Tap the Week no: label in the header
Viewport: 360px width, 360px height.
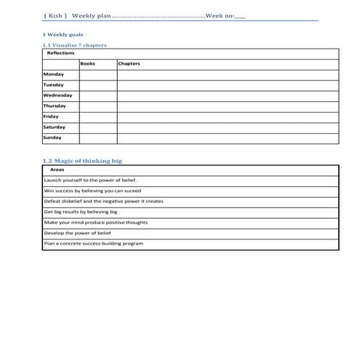(220, 14)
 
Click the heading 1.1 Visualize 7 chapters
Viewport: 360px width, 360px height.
(75, 45)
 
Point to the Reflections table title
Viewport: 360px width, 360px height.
(60, 53)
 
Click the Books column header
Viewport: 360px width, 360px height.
(88, 64)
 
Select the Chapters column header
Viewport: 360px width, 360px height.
(129, 64)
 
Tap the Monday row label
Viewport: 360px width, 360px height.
(54, 74)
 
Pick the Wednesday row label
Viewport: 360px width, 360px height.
(57, 95)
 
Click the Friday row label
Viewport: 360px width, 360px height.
(52, 116)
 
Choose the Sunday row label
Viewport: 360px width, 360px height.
(53, 137)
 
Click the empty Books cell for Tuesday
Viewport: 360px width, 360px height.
(97, 85)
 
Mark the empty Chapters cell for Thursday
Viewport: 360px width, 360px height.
(228, 106)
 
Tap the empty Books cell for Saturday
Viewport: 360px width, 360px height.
(97, 127)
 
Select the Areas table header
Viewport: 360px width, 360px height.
(57, 169)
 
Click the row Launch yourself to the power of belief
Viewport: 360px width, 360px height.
(90, 180)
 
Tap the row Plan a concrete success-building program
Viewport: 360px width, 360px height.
(94, 244)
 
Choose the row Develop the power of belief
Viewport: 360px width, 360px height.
(78, 233)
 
